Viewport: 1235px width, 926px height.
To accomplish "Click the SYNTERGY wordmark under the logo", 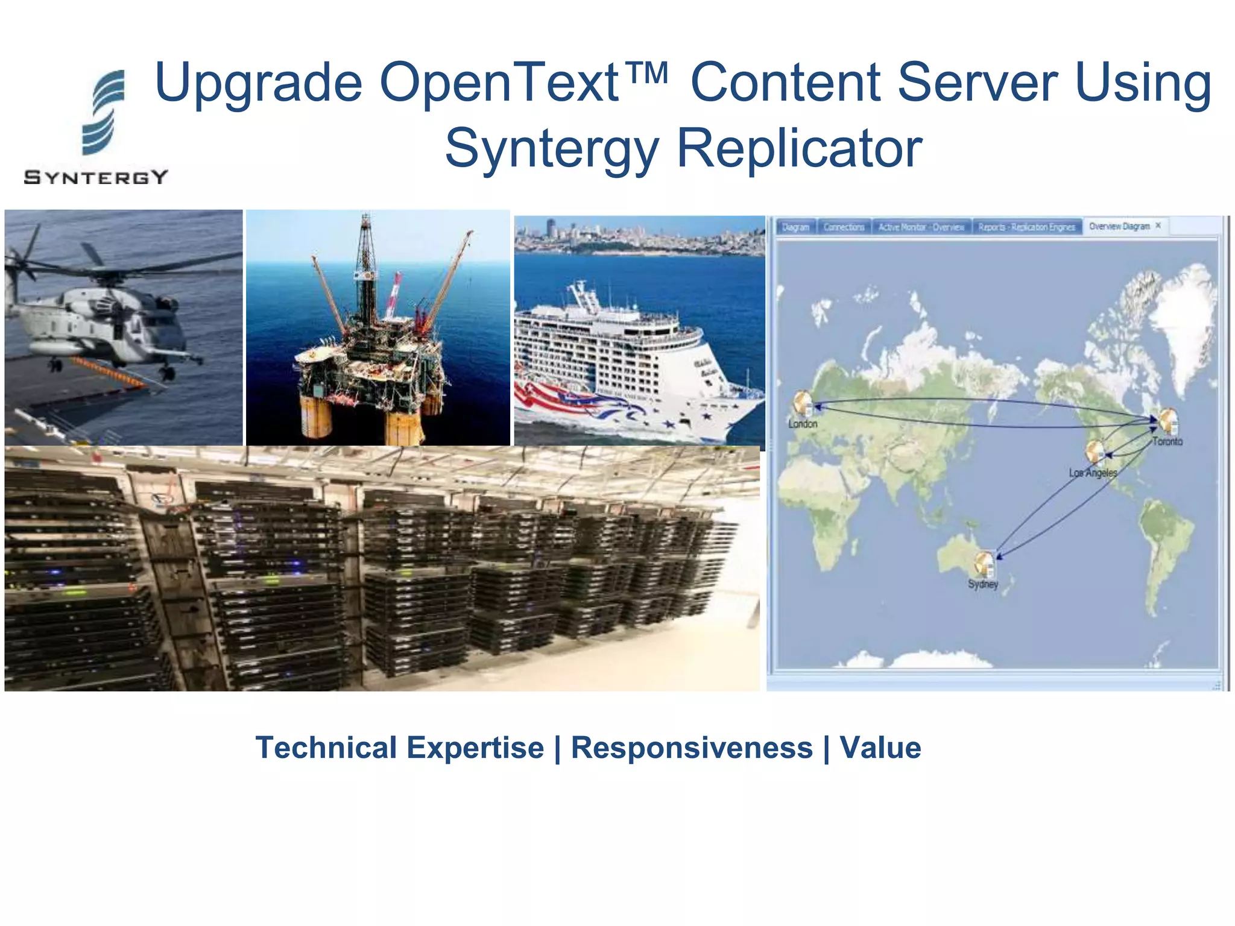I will click(96, 177).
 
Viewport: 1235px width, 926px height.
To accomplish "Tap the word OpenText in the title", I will click(499, 83).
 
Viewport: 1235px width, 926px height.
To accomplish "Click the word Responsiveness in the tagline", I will click(692, 748).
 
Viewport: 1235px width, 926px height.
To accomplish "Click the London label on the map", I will click(803, 424).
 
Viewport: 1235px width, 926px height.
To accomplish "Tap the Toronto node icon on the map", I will click(1168, 420).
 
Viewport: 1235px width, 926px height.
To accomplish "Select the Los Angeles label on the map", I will click(1093, 473).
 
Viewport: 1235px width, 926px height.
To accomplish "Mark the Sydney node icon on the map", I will click(984, 564).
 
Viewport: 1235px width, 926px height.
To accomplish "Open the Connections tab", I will click(844, 227).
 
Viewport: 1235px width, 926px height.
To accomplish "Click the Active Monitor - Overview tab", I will click(921, 227).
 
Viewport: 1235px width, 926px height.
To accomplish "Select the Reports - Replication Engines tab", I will click(1026, 227).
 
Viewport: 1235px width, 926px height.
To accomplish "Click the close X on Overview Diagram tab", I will click(1158, 225).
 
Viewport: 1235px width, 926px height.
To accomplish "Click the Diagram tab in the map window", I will click(795, 227).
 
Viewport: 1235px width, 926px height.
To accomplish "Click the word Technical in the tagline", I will click(326, 748).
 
